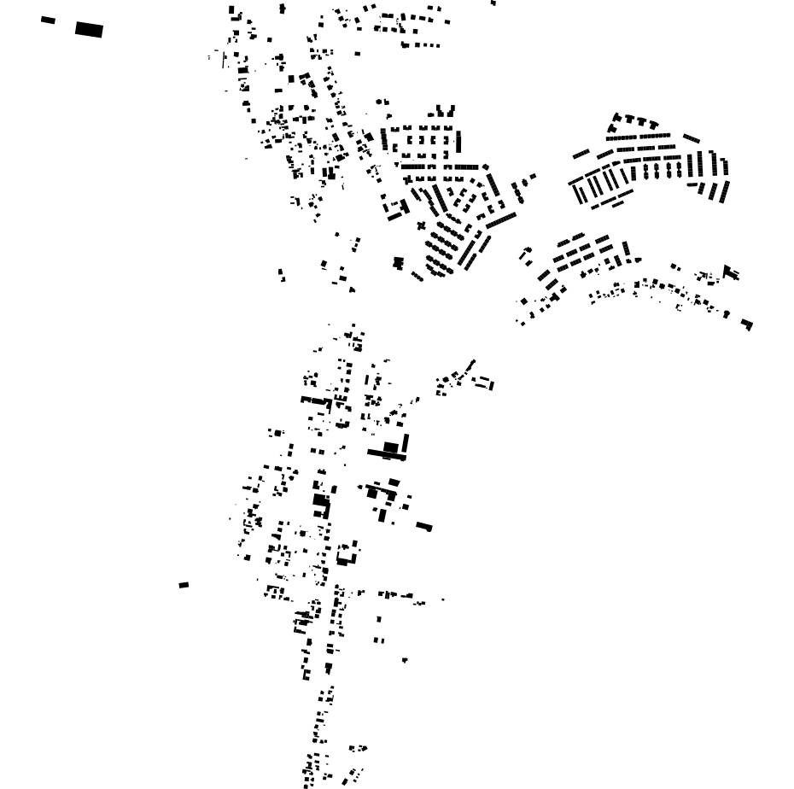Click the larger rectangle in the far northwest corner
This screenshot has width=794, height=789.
89,30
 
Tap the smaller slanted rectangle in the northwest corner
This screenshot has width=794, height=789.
48,20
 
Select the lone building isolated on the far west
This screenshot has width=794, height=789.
184,585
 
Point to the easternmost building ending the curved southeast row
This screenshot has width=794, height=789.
747,324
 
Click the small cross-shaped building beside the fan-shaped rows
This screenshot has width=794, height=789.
421,226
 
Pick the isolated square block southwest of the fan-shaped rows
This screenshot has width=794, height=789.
398,263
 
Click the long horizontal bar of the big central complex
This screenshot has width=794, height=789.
386,454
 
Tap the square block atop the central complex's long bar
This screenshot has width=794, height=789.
391,447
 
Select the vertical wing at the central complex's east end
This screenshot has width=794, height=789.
406,443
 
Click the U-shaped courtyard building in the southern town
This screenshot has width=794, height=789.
347,553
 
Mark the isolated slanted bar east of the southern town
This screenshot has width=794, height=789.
424,526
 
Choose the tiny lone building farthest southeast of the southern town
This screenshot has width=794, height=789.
405,660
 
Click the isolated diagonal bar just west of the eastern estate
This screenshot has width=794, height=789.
581,155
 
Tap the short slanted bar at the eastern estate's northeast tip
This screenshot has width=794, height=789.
692,138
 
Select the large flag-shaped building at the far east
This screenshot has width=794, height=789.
730,272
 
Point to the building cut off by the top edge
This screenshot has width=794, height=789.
493,3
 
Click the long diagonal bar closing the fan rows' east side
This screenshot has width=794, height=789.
501,220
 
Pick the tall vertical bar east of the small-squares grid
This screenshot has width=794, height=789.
458,141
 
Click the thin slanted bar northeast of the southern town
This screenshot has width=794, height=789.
470,366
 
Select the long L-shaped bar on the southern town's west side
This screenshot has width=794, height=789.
316,400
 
